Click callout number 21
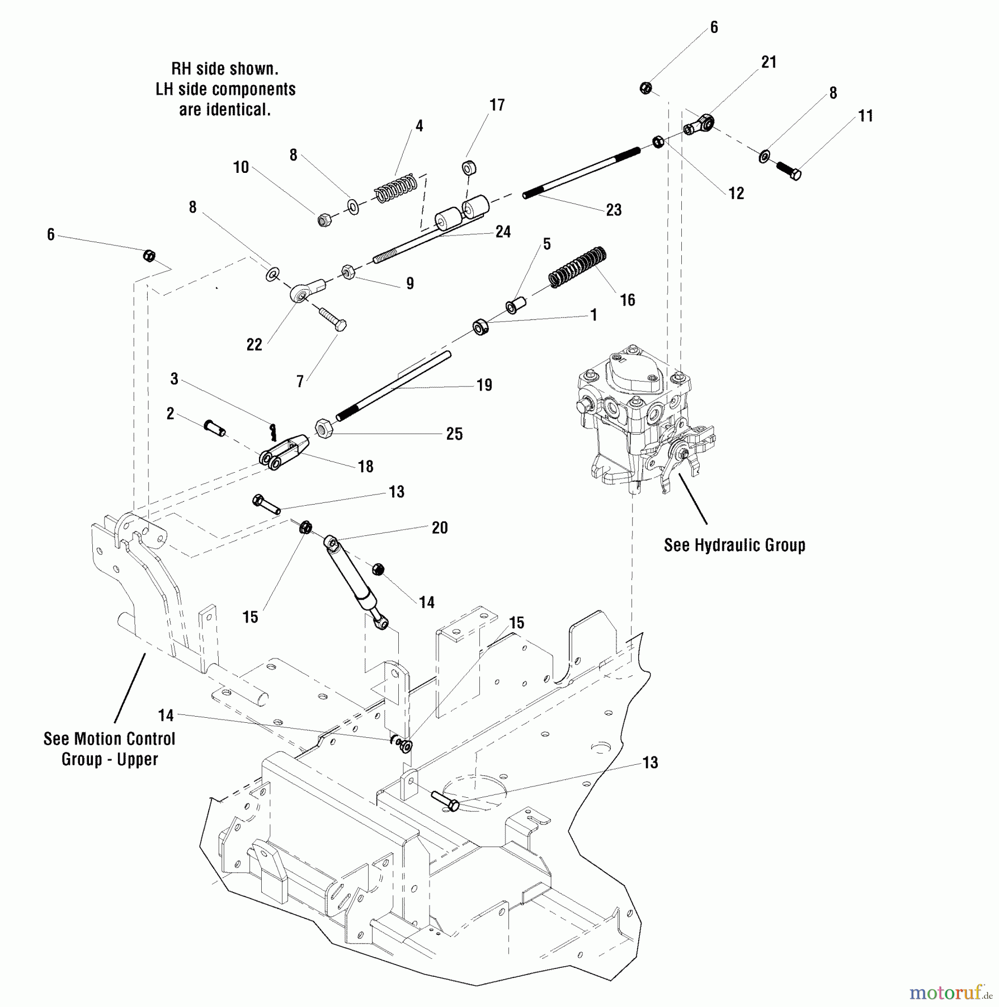pyautogui.click(x=769, y=62)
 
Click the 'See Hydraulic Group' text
pyautogui.click(x=734, y=545)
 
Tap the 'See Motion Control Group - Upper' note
pyautogui.click(x=110, y=749)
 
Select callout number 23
pyautogui.click(x=614, y=210)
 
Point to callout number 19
pyautogui.click(x=484, y=385)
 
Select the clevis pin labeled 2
pyautogui.click(x=215, y=428)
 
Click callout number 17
pyautogui.click(x=497, y=105)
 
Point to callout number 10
pyautogui.click(x=241, y=167)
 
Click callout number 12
pyautogui.click(x=736, y=194)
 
